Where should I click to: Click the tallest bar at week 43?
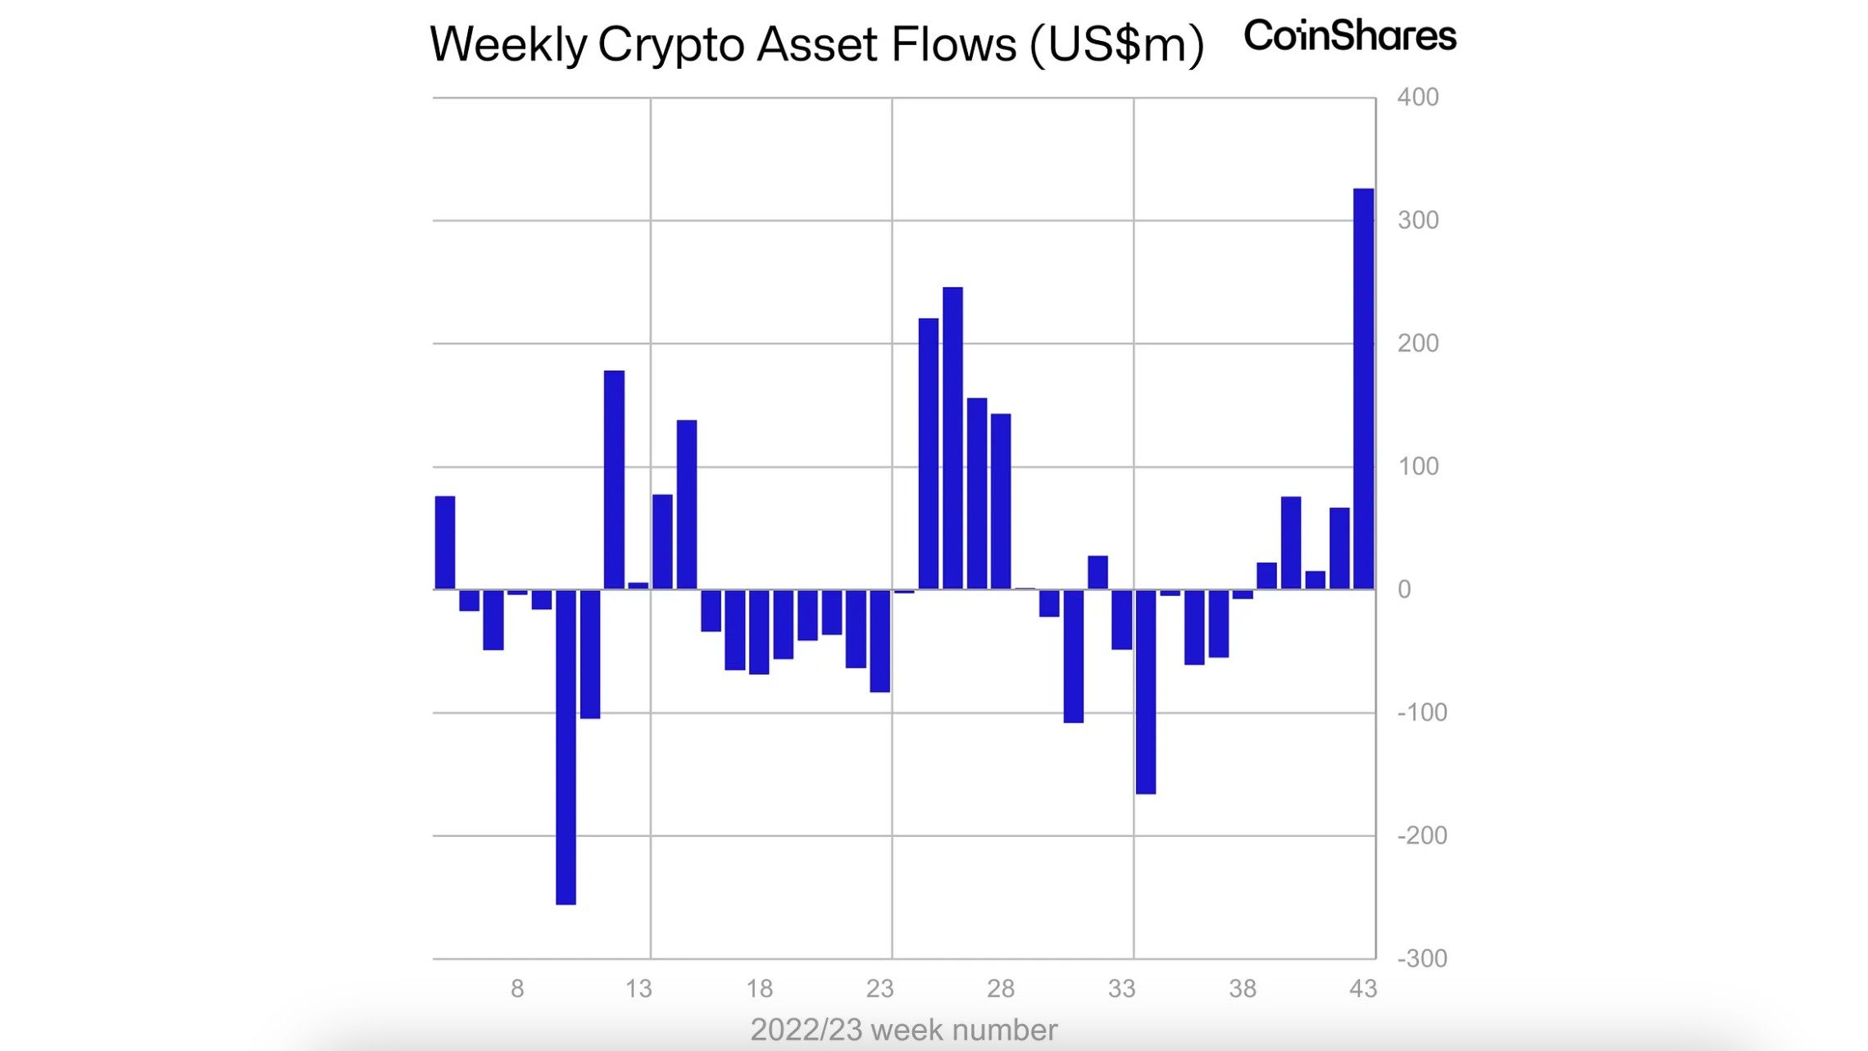coord(1363,389)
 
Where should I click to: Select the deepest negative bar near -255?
coord(566,746)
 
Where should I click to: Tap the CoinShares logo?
coord(1349,36)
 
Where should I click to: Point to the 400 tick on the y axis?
coord(1417,98)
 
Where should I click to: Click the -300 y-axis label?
coord(1422,958)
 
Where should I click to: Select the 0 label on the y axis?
coord(1404,589)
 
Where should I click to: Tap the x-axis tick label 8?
coord(517,989)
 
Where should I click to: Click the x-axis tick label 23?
coord(879,989)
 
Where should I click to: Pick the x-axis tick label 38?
coord(1243,989)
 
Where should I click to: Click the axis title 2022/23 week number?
coord(903,1030)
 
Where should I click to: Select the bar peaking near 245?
coord(952,438)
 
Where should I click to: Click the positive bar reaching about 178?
coord(614,480)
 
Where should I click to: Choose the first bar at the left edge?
coord(444,543)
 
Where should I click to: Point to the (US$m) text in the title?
coord(1116,44)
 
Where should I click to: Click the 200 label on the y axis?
coord(1417,344)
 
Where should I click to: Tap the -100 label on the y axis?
coord(1422,712)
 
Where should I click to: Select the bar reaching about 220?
coord(928,453)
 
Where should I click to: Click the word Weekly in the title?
coord(507,44)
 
